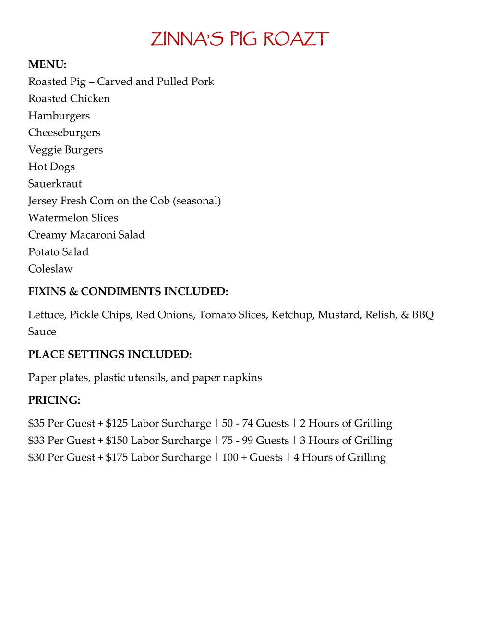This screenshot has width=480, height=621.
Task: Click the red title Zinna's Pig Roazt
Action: point(240,39)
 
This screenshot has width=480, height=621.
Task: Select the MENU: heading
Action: point(47,64)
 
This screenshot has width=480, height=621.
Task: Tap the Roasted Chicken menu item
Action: point(69,98)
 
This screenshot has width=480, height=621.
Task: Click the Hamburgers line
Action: point(59,116)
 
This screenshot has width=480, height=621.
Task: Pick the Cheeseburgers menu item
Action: point(64,132)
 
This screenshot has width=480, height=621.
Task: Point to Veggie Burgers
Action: point(65,150)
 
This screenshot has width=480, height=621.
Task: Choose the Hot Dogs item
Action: point(51,167)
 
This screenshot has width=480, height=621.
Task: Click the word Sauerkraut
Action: point(55,184)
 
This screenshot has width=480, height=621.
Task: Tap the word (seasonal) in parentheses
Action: point(198,201)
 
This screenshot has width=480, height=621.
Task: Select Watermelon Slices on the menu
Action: point(73,218)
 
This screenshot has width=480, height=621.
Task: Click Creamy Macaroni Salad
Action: point(86,235)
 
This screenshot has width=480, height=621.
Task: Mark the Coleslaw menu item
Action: point(50,269)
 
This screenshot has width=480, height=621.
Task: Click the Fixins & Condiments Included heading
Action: point(128,292)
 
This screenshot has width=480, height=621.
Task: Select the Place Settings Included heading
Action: point(110,355)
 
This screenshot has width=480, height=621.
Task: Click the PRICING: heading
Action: point(54,400)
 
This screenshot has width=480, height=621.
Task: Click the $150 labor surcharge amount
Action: point(117,441)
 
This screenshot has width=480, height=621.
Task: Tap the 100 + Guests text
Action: point(252,457)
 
